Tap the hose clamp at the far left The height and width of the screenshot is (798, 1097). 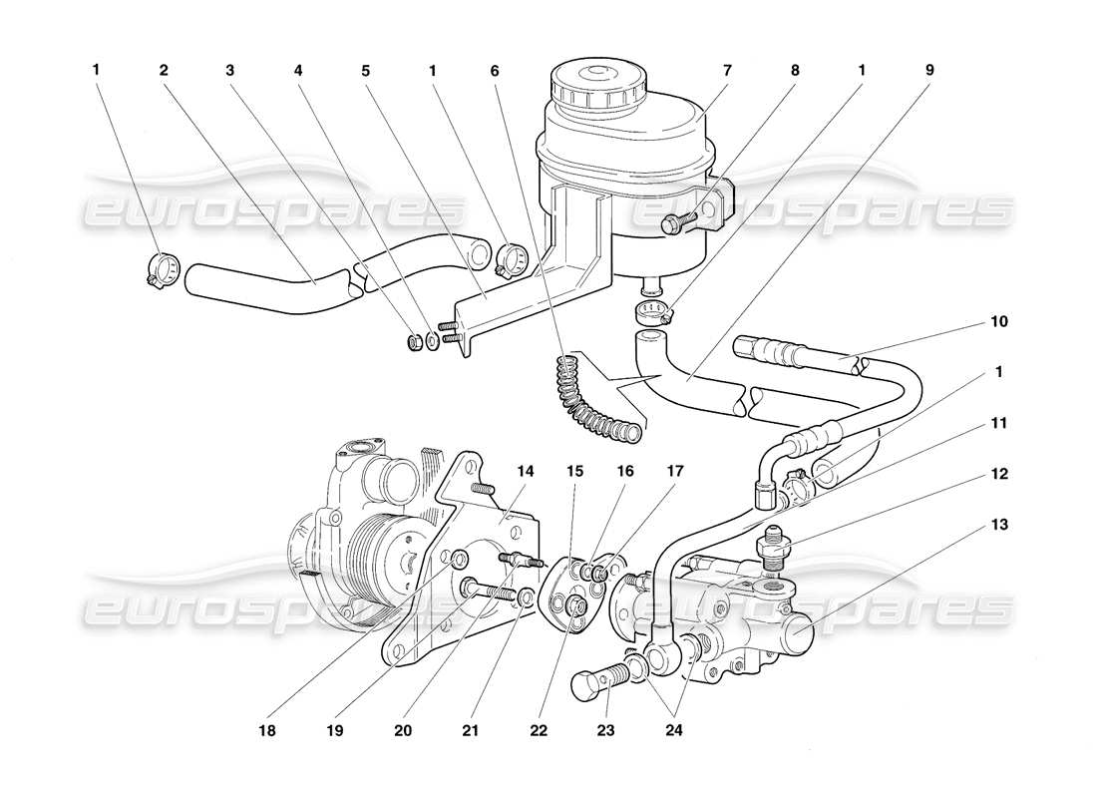coord(161,269)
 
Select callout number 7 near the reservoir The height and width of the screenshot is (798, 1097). coord(727,71)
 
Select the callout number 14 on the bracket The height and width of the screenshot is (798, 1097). coord(526,471)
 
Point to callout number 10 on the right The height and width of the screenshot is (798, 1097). coord(999,322)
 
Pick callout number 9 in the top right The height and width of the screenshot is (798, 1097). coord(928,71)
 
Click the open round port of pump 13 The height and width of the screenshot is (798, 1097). coord(806,629)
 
